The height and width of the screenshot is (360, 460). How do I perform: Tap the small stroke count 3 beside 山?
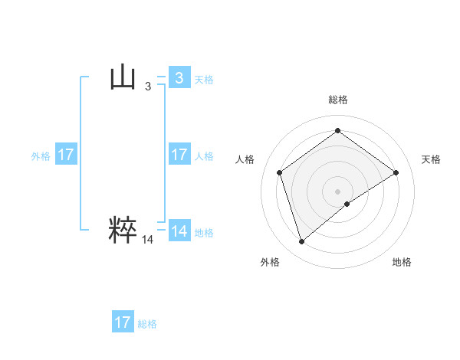click(x=148, y=87)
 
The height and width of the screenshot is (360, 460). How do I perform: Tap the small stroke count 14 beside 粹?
click(x=148, y=240)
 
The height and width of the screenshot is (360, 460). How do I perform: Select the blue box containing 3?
click(x=179, y=78)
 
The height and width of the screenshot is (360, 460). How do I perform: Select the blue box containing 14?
click(x=179, y=231)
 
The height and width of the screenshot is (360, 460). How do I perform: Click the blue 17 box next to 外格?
click(x=65, y=155)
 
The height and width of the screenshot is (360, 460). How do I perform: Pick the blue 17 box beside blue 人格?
click(x=179, y=155)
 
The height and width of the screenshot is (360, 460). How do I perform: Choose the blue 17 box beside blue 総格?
click(x=123, y=322)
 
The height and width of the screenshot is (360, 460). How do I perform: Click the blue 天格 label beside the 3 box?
click(x=204, y=79)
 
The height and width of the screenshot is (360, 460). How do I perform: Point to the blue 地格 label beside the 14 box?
click(x=204, y=232)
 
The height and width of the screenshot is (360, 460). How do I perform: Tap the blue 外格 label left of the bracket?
click(x=41, y=155)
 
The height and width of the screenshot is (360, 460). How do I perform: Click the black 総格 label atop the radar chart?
click(x=338, y=100)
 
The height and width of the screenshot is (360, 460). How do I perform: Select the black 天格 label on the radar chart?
click(x=432, y=159)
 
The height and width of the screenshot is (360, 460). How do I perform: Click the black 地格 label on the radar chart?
click(x=402, y=262)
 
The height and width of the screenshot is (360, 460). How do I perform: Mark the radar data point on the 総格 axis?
click(x=337, y=131)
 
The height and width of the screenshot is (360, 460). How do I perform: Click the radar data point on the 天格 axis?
click(x=396, y=172)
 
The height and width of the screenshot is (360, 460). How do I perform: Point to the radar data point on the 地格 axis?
click(x=347, y=204)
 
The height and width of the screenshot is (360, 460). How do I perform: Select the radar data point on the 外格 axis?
click(x=301, y=242)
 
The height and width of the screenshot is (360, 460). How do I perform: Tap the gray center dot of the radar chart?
click(x=337, y=191)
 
